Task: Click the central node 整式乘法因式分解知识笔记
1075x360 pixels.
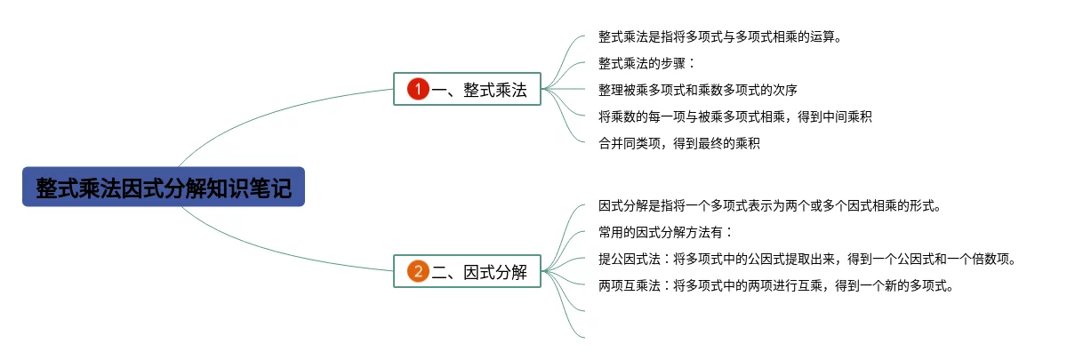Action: click(164, 188)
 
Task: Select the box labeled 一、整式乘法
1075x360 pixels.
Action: click(467, 89)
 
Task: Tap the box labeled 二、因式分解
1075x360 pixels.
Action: click(467, 272)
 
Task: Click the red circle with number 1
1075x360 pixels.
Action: click(418, 89)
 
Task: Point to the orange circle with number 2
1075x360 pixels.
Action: click(418, 272)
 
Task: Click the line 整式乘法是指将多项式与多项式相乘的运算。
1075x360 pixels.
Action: click(719, 37)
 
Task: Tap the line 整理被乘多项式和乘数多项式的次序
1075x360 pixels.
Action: click(698, 90)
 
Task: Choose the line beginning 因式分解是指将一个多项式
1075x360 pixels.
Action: click(769, 206)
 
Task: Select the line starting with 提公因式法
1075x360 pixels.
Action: click(806, 260)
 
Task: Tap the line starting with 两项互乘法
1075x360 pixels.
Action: click(775, 285)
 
